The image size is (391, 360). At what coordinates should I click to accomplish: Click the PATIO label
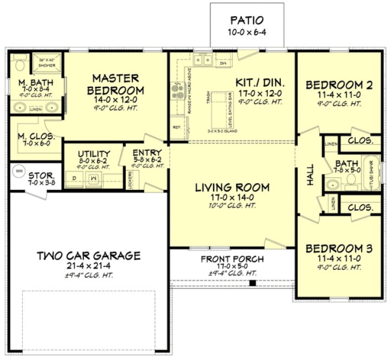tap(247, 21)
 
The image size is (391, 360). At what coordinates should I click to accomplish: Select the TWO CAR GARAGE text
tap(89, 255)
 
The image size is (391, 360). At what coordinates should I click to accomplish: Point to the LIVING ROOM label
tap(232, 188)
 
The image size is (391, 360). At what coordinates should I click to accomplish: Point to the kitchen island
tap(218, 111)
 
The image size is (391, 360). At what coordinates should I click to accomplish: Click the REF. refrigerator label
tap(177, 127)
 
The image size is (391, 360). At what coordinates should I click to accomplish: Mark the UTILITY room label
tap(94, 154)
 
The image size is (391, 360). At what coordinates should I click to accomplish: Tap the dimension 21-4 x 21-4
tap(89, 266)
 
